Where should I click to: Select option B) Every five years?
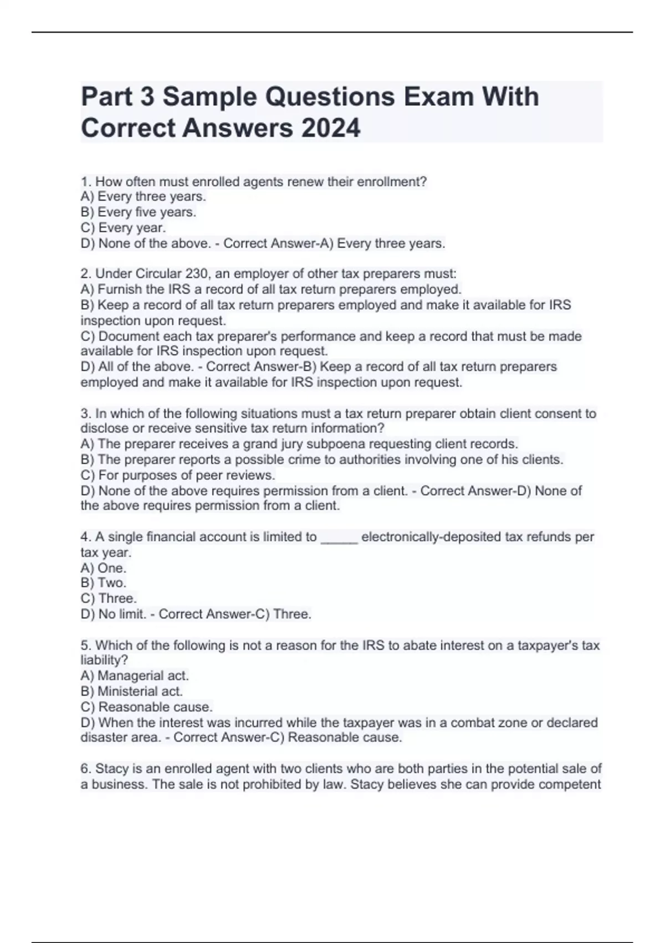[x=138, y=212]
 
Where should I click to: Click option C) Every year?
[x=123, y=227]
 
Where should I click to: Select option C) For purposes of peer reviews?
[x=177, y=475]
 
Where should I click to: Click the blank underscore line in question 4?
[x=339, y=537]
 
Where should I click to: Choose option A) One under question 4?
[x=103, y=568]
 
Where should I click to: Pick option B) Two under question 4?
[x=103, y=583]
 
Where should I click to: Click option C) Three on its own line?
[x=108, y=599]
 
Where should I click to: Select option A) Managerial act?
[x=135, y=676]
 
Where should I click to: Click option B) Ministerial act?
[x=131, y=691]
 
